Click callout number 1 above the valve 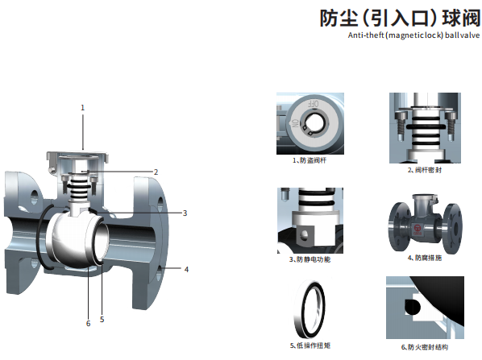click(x=82, y=108)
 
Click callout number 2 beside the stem click(x=156, y=172)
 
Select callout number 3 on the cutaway click(x=185, y=213)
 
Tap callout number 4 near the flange click(x=186, y=269)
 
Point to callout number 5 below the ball click(x=102, y=320)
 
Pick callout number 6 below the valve click(x=88, y=324)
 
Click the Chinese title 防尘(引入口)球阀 click(x=400, y=18)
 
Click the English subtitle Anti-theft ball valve click(x=413, y=35)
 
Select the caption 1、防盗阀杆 click(x=310, y=160)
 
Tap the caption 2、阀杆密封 click(x=425, y=170)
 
